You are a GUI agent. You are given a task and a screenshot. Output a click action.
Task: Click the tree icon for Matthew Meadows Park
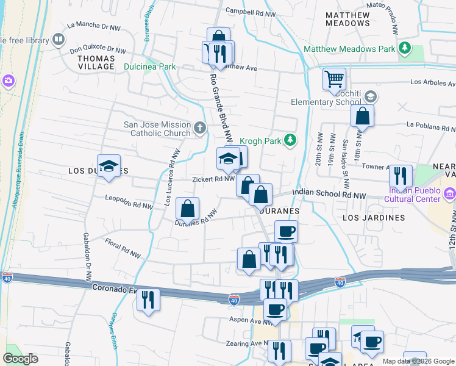[x=404, y=48]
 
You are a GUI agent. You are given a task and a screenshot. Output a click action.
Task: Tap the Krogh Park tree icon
[x=291, y=141]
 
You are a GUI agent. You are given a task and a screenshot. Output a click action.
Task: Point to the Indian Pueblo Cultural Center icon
[x=451, y=194]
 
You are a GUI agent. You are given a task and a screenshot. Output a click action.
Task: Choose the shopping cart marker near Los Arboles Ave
[x=334, y=79]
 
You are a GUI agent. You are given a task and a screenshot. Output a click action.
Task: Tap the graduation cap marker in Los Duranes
[x=109, y=166]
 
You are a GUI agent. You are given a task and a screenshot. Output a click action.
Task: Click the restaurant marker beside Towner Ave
[x=401, y=176]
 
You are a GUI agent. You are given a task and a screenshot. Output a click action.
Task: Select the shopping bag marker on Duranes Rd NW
[x=188, y=209]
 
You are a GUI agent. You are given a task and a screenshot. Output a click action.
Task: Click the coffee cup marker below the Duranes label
[x=286, y=231]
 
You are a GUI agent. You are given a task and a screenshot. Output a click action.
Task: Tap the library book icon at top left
[x=59, y=40]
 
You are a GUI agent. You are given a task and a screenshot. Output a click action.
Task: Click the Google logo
[x=20, y=359]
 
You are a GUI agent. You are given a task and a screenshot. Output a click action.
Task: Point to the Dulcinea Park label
[x=149, y=66]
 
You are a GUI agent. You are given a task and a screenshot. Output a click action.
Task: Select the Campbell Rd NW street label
[x=251, y=11]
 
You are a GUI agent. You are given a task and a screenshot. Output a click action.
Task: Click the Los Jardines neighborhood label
[x=374, y=218]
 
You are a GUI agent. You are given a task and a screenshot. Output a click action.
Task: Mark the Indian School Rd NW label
[x=329, y=193]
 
